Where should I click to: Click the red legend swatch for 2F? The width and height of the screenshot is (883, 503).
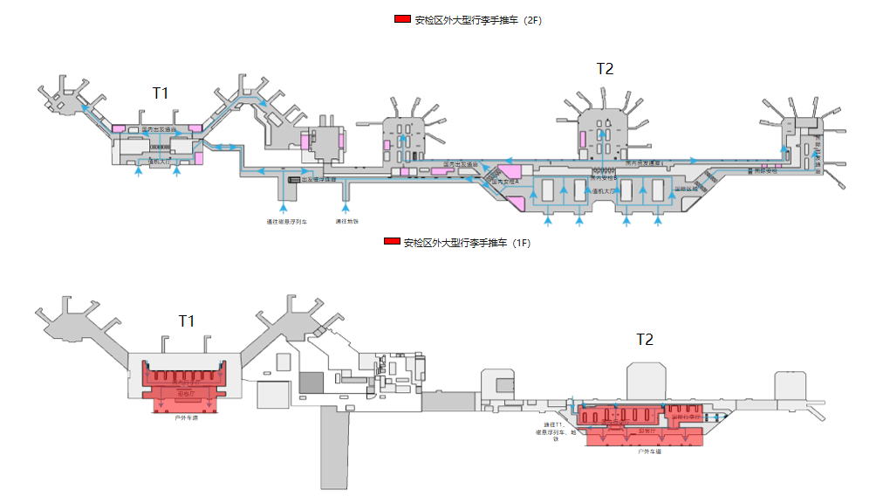coord(402,19)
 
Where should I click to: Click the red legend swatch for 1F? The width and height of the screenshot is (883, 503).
coord(392,241)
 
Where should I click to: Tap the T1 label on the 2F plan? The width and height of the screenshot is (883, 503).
coord(161,93)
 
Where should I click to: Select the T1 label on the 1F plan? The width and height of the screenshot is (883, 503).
coord(186,321)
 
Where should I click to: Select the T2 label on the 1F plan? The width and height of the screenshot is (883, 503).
coord(644,340)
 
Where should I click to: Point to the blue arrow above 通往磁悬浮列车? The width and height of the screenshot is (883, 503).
coord(284,208)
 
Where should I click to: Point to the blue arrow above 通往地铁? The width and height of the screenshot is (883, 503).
coord(346,208)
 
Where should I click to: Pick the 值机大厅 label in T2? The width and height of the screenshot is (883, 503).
coord(604,190)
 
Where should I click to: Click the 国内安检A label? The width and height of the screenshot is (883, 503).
coord(506,182)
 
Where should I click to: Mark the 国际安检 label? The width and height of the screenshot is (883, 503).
coord(765,171)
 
